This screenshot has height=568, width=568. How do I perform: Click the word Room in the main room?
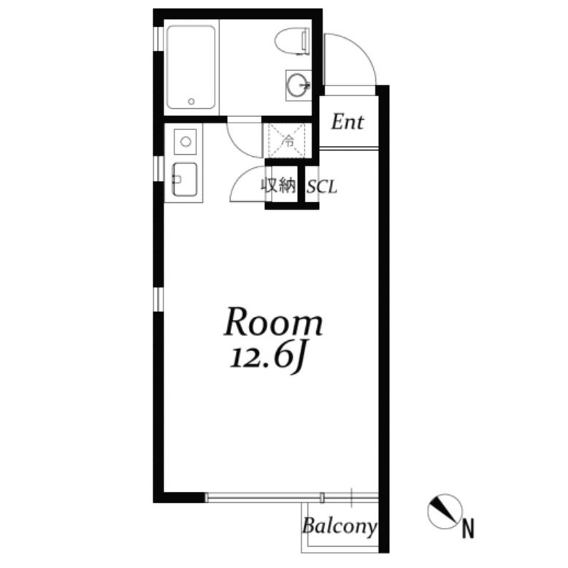coord(274,321)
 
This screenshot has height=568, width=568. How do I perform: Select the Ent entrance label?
coord(348,122)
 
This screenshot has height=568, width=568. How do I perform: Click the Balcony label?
coord(339,526)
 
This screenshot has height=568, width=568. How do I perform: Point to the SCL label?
coord(322,188)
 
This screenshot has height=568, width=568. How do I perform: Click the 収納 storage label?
coord(279,186)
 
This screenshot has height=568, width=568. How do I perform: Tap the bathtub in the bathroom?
coord(191,67)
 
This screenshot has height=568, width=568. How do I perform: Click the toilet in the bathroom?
coord(292,42)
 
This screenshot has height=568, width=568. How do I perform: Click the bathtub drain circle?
coord(191,101)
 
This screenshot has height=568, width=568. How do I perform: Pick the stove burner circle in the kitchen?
coord(185,142)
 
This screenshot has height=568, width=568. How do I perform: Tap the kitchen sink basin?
coord(185,179)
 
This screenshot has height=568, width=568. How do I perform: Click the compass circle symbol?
coord(445,511)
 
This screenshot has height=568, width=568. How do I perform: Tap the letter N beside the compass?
coord(468,529)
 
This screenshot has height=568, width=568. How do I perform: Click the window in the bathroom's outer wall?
coord(158,39)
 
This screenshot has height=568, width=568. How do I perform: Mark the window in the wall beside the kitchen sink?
coord(158,169)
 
